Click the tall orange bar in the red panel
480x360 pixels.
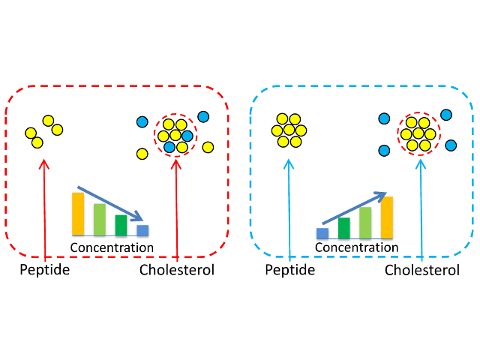click(x=78, y=214)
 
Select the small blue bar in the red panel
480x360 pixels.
click(x=142, y=230)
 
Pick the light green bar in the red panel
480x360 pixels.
click(x=100, y=219)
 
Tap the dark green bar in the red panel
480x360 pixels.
click(x=121, y=225)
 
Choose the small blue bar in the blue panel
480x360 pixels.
click(x=322, y=233)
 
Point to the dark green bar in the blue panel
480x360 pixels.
click(x=344, y=228)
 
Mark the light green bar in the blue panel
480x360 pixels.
click(x=365, y=223)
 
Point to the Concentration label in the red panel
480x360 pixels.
click(x=112, y=247)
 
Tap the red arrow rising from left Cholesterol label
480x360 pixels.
click(x=177, y=210)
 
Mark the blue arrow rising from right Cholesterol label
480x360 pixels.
click(x=421, y=210)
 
